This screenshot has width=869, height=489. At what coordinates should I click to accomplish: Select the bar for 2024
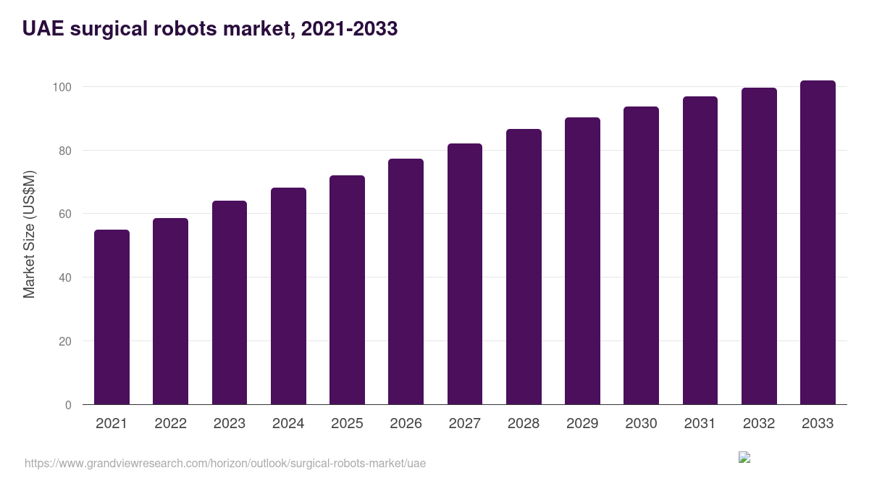point(288,296)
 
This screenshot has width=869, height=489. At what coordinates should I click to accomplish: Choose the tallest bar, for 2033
point(818,243)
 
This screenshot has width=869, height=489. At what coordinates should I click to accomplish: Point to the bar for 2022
point(170,312)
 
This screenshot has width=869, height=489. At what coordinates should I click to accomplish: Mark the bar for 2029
point(582,261)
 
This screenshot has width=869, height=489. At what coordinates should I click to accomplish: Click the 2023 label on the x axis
point(229,424)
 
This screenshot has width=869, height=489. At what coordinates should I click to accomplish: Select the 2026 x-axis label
point(406,424)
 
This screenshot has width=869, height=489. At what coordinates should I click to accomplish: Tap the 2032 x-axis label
point(759,424)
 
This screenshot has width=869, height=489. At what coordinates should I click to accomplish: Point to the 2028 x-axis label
point(524,424)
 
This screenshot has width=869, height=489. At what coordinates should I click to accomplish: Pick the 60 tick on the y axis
point(64,214)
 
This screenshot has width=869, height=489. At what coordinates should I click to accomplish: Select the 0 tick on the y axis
point(68,405)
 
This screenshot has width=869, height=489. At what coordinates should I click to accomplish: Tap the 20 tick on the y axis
point(64,341)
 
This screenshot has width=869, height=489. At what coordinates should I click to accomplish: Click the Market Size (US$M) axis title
point(29,235)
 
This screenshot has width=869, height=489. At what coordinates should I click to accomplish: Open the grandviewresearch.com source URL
point(225,463)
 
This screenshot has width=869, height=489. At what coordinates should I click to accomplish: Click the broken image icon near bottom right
point(744,457)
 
